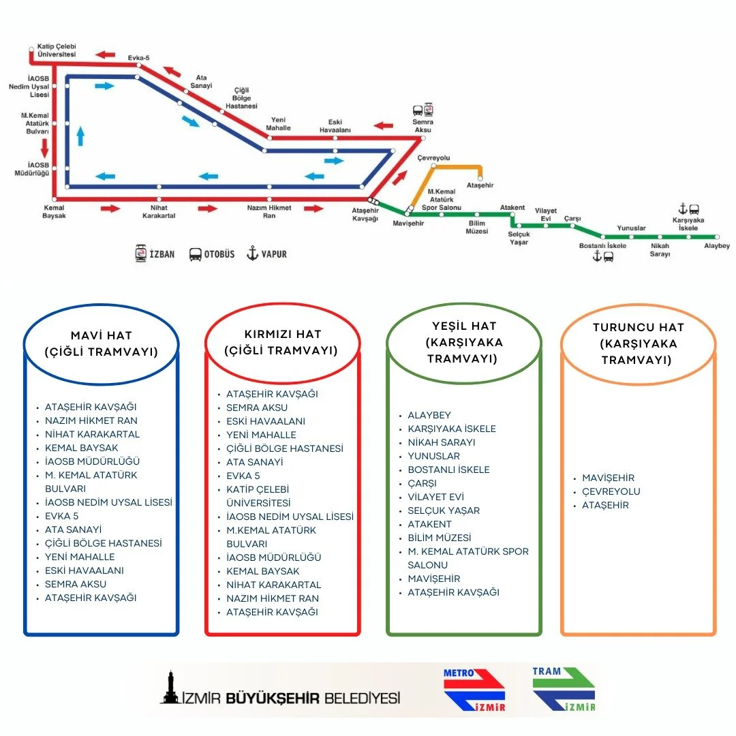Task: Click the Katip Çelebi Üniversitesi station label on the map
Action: pyautogui.click(x=57, y=50)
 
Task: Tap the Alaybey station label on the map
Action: pyautogui.click(x=716, y=246)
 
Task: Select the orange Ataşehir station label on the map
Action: pyautogui.click(x=480, y=185)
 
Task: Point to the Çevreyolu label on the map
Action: pyautogui.click(x=433, y=158)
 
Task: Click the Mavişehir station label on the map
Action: pyautogui.click(x=408, y=224)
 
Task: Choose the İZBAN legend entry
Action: pyautogui.click(x=155, y=254)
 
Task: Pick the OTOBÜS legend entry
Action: pyautogui.click(x=211, y=254)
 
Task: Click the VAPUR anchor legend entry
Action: pyautogui.click(x=266, y=254)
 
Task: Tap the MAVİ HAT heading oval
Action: pyautogui.click(x=102, y=344)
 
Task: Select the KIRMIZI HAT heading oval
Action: pyautogui.click(x=282, y=343)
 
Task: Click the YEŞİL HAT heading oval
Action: pyautogui.click(x=463, y=342)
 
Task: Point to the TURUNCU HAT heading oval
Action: pyautogui.click(x=638, y=343)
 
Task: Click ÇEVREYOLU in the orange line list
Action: pyautogui.click(x=611, y=491)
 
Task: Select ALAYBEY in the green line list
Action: pyautogui.click(x=429, y=415)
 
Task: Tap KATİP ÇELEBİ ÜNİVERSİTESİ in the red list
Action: pyautogui.click(x=258, y=496)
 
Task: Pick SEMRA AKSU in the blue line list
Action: pyautogui.click(x=76, y=584)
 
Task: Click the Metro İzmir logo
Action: pyautogui.click(x=474, y=690)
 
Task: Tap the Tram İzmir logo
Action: pyautogui.click(x=564, y=689)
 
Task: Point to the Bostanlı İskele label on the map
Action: pyautogui.click(x=602, y=245)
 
